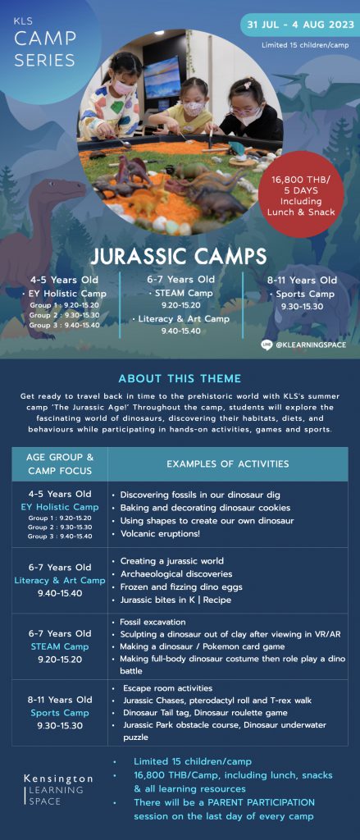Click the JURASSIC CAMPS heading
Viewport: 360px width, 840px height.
click(179, 257)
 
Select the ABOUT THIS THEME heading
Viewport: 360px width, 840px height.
click(180, 379)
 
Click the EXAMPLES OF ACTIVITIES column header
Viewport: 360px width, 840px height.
click(228, 464)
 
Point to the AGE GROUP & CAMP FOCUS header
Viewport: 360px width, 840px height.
click(60, 464)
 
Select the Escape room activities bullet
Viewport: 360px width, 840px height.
click(163, 688)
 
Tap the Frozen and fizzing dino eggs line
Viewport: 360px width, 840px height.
click(177, 587)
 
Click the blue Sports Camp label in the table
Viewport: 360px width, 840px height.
click(60, 713)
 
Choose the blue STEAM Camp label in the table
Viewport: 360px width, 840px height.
click(60, 646)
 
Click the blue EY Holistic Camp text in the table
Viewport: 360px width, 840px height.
click(60, 507)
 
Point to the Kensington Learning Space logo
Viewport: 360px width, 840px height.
click(58, 789)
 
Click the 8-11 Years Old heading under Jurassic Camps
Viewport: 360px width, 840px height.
click(302, 280)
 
